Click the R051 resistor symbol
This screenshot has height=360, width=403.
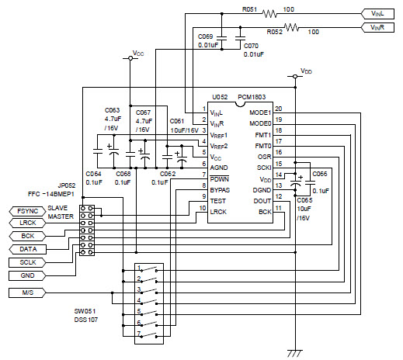click(269, 14)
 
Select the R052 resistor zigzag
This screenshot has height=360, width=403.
click(291, 27)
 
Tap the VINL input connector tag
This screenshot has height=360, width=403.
click(377, 14)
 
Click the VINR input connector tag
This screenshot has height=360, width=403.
click(377, 27)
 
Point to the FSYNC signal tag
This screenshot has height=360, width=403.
click(27, 211)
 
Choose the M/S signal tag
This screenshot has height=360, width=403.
click(27, 292)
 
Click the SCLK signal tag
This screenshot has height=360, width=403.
click(27, 262)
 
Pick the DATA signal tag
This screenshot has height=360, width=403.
click(27, 249)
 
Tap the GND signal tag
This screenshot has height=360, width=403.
click(27, 275)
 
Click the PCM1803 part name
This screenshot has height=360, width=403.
click(252, 97)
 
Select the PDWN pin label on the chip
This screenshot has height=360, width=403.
click(220, 179)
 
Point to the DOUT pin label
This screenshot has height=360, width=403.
click(262, 201)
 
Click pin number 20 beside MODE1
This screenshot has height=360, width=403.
click(279, 109)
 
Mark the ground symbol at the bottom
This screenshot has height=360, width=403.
click(295, 353)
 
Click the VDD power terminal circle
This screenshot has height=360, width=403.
click(295, 76)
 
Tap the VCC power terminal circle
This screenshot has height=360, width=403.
click(130, 58)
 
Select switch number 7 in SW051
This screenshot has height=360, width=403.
click(148, 334)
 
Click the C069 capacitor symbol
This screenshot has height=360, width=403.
click(221, 38)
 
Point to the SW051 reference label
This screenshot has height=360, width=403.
click(85, 311)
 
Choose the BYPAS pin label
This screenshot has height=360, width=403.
click(220, 190)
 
